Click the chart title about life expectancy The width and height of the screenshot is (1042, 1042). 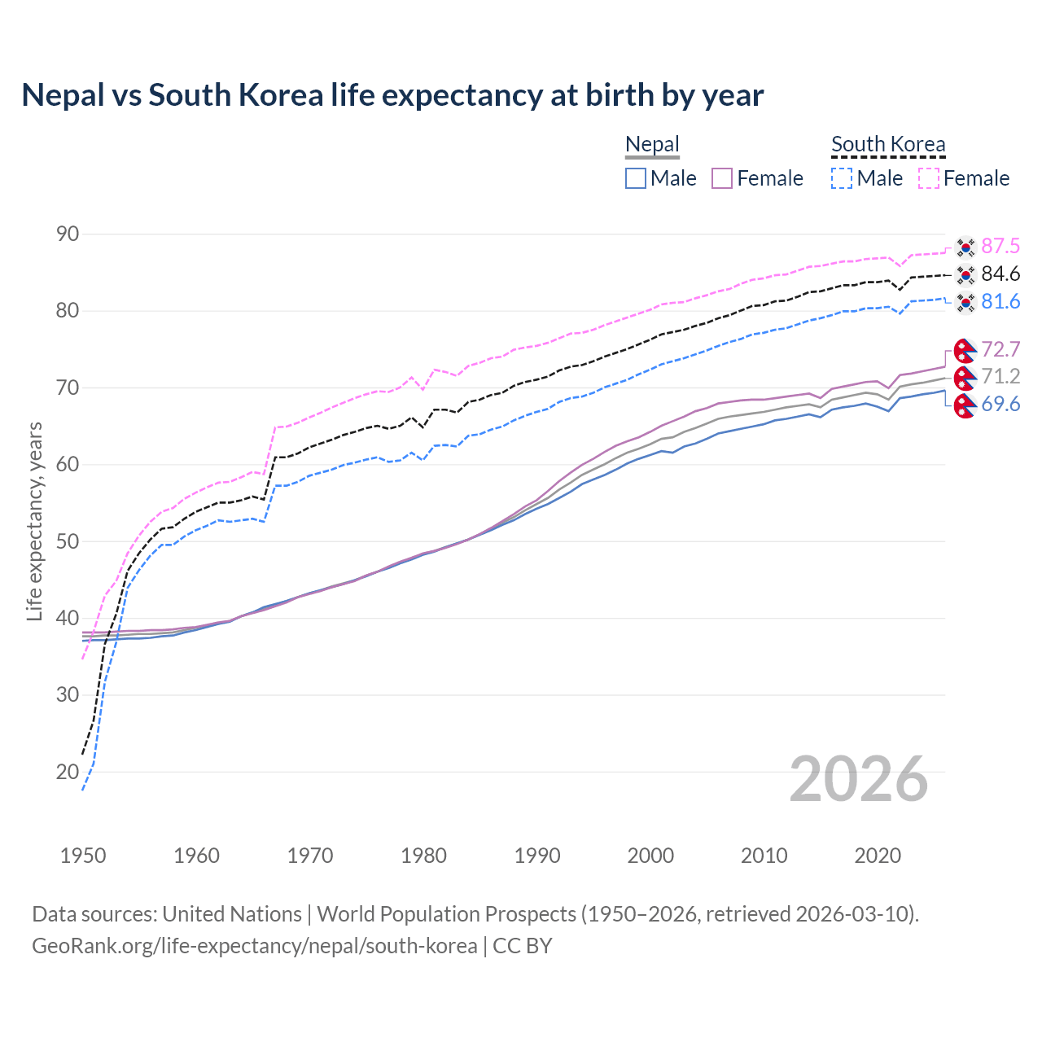(392, 95)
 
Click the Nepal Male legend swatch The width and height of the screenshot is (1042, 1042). (636, 178)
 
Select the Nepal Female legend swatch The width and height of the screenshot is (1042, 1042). (722, 178)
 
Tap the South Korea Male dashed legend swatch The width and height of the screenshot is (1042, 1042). (842, 178)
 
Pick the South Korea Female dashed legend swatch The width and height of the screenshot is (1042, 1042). (928, 178)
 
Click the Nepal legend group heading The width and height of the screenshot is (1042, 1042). (652, 145)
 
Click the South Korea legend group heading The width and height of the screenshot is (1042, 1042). (888, 145)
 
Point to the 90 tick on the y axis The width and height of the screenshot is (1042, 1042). (68, 234)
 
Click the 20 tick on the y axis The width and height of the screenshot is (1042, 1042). (68, 772)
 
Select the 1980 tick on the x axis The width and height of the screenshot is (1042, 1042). (424, 856)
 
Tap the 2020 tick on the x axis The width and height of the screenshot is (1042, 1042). (878, 856)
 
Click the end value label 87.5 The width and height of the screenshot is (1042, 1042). (1000, 247)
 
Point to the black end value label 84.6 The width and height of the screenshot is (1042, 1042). (1000, 274)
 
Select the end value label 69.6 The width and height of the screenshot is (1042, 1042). (1000, 405)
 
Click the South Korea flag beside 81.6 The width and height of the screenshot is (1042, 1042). (965, 302)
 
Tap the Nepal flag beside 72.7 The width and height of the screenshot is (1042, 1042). (965, 350)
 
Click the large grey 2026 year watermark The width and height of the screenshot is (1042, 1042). (859, 779)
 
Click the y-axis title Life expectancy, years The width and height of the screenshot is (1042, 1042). (35, 521)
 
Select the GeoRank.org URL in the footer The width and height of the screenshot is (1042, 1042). (255, 946)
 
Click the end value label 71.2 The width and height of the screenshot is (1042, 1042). (1000, 376)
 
